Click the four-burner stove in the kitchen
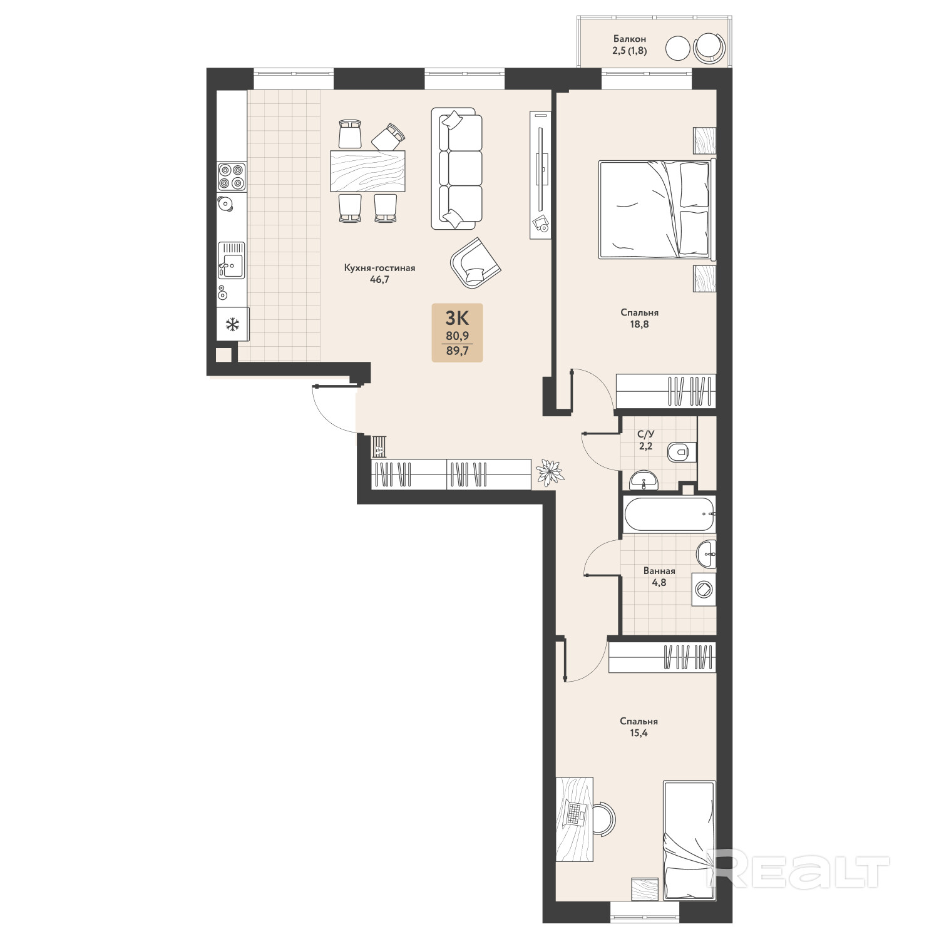pyautogui.click(x=232, y=176)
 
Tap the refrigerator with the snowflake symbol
pyautogui.click(x=233, y=324)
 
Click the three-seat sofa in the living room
pyautogui.click(x=457, y=168)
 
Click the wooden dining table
pyautogui.click(x=367, y=171)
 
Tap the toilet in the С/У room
pyautogui.click(x=681, y=451)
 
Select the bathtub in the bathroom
pyautogui.click(x=669, y=515)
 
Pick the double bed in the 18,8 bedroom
pyautogui.click(x=655, y=209)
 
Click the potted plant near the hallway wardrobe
pyautogui.click(x=550, y=473)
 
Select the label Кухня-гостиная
pyautogui.click(x=379, y=268)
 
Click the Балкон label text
pyautogui.click(x=630, y=39)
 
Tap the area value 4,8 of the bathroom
pyautogui.click(x=659, y=582)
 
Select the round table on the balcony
pyautogui.click(x=677, y=48)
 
